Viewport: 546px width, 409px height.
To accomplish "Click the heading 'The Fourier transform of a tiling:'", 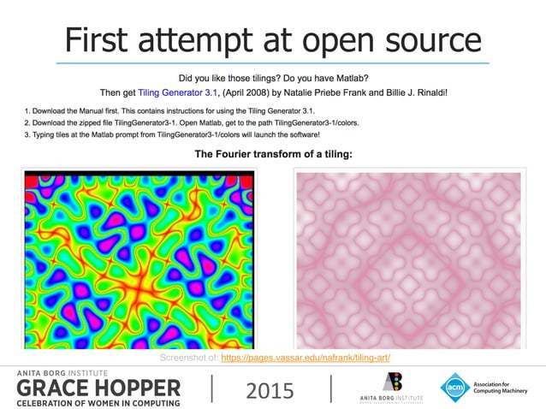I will click(274, 154).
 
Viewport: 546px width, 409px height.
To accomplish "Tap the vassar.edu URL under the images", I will click(306, 358).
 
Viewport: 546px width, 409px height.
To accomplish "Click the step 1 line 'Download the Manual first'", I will click(170, 111).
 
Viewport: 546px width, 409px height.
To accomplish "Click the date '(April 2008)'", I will click(244, 91).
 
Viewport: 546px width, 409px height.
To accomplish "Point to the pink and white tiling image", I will click(407, 259).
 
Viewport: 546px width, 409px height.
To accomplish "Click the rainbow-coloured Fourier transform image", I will click(138, 259).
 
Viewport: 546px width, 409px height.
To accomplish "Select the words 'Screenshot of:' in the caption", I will click(188, 358).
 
